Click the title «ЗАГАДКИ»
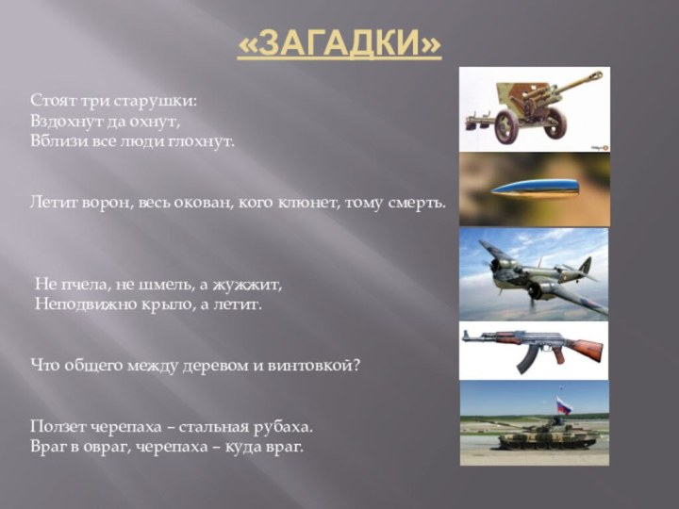click(339, 42)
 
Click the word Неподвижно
click(86, 304)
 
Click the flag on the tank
click(563, 404)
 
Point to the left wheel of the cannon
click(507, 127)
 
